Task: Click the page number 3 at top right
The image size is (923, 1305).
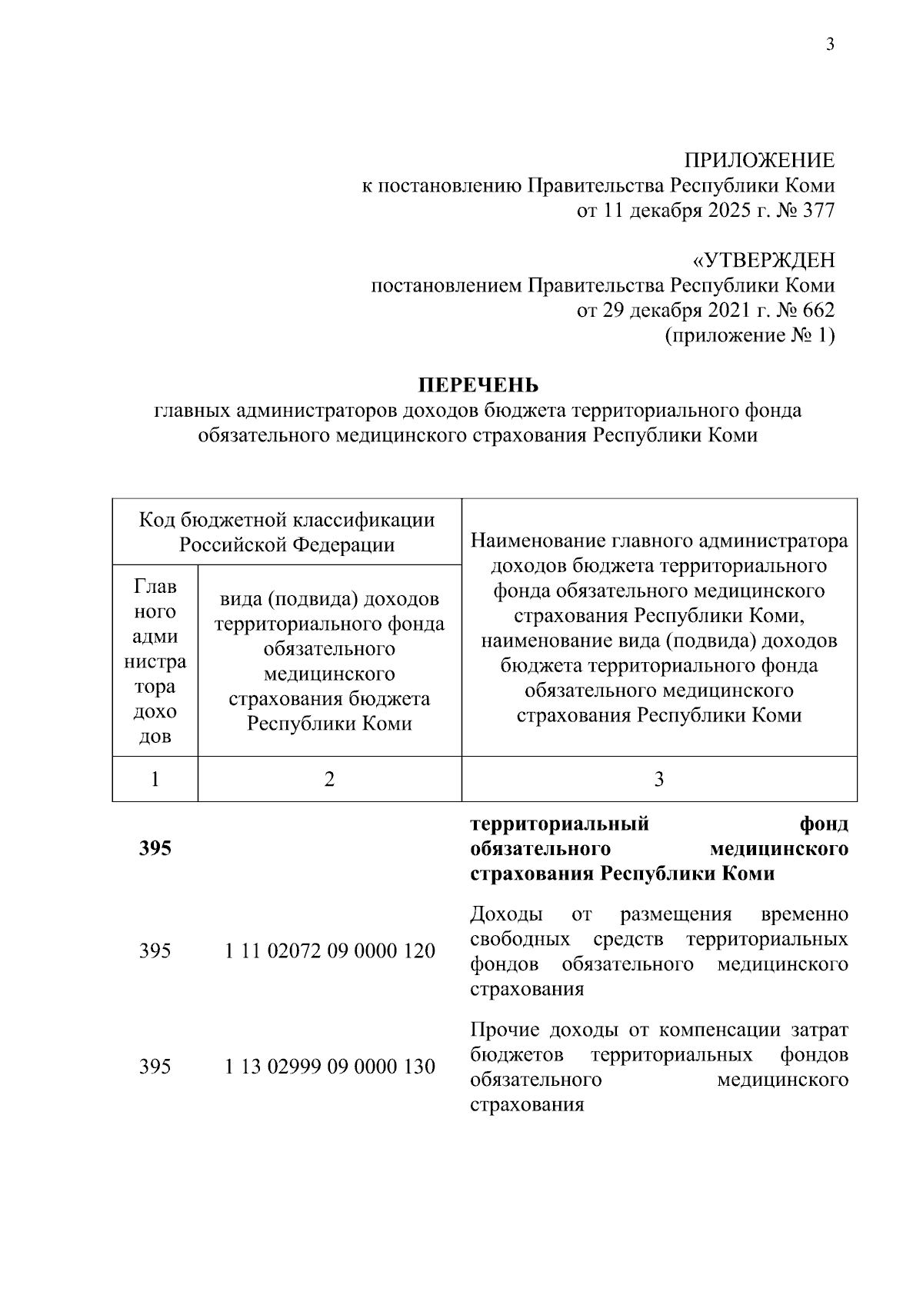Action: (x=830, y=44)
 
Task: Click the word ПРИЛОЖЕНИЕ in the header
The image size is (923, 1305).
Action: (x=760, y=161)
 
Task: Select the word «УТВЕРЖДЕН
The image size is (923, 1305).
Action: (x=758, y=261)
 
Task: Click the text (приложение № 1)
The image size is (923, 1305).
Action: (x=749, y=336)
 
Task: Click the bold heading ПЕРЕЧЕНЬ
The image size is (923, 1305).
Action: (x=478, y=385)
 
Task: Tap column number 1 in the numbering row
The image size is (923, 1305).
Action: (x=155, y=779)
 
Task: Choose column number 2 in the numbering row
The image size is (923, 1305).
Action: (x=329, y=779)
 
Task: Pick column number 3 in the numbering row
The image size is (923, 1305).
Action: (x=659, y=779)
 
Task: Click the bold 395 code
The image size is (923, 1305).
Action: (x=155, y=849)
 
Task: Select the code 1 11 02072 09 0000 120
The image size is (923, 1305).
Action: (x=330, y=951)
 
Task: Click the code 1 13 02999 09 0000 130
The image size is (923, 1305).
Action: (x=330, y=1067)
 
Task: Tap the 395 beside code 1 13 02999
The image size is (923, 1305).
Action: (x=155, y=1067)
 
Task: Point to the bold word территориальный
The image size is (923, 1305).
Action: (x=560, y=824)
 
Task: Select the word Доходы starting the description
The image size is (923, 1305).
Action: (x=506, y=914)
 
